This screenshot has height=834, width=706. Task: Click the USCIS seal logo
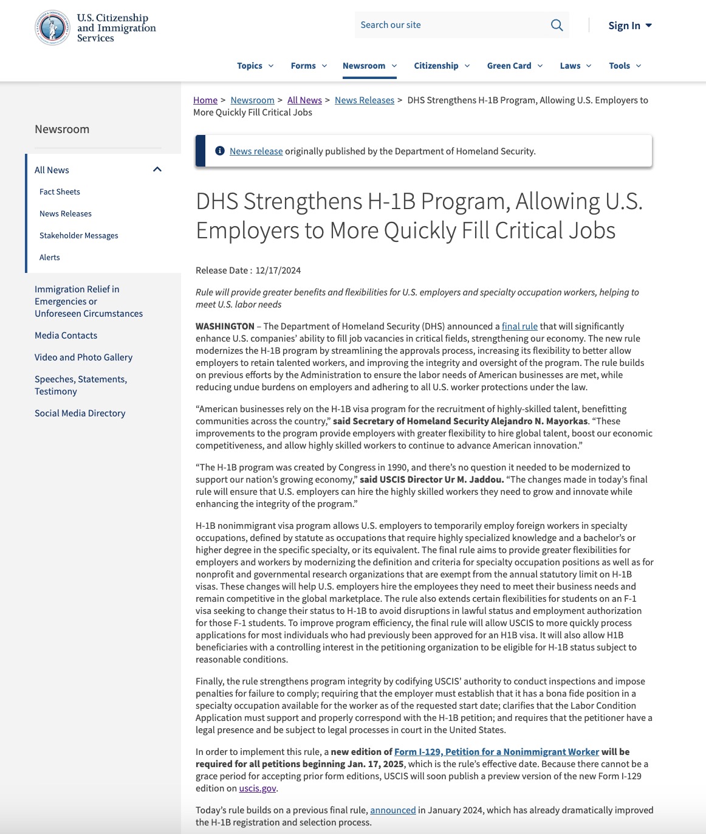[x=52, y=27]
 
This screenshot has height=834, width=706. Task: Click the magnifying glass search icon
[x=557, y=25]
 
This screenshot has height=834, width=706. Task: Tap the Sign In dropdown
[x=629, y=26]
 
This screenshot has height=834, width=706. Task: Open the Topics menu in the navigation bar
[x=255, y=66]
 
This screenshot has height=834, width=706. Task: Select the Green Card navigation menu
[x=515, y=66]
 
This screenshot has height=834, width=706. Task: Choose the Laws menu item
[x=575, y=66]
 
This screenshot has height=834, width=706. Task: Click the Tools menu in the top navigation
[x=625, y=66]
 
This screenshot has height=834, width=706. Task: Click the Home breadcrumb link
[x=205, y=100]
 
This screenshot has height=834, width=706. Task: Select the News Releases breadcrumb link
[x=365, y=100]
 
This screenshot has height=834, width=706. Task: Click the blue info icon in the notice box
[x=220, y=151]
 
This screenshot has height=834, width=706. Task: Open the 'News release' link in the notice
[x=256, y=151]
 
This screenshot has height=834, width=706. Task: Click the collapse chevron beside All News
[x=157, y=170]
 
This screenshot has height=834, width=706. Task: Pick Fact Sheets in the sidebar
[x=60, y=192]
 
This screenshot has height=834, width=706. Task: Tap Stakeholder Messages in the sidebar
[x=79, y=236]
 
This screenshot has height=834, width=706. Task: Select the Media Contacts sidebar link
[x=66, y=336]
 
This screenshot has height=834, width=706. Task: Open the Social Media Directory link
[x=80, y=413]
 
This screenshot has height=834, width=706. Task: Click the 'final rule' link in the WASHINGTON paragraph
[x=519, y=326]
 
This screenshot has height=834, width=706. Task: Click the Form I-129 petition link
[x=496, y=752]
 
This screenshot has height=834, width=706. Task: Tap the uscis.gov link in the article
[x=258, y=788]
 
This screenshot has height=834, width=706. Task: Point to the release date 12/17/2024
[x=278, y=271]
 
